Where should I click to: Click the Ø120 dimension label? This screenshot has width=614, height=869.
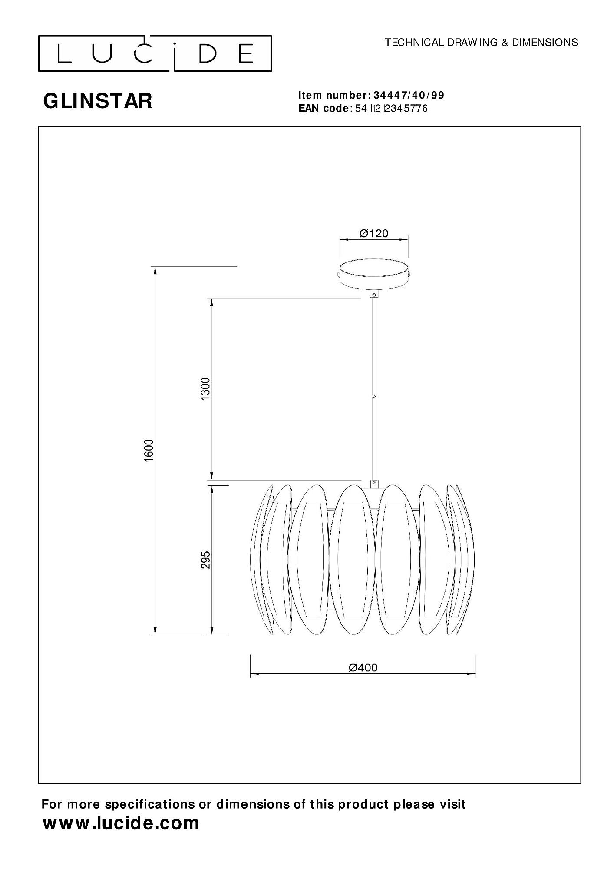[374, 234]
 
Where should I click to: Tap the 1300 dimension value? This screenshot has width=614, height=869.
[205, 389]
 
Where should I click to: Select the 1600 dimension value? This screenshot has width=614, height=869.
[149, 451]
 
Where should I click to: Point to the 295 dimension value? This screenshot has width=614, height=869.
[206, 560]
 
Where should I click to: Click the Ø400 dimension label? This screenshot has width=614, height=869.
[363, 667]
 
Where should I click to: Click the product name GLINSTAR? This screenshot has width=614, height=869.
[98, 101]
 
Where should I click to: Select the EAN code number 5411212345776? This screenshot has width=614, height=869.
[391, 109]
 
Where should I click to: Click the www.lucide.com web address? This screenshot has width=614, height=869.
[121, 823]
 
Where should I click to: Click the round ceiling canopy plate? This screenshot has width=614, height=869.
[374, 273]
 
